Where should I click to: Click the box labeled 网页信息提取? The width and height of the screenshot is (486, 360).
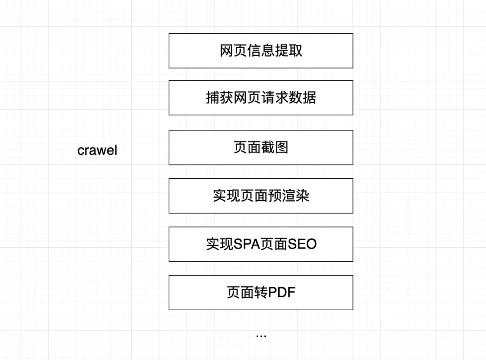pyautogui.click(x=261, y=51)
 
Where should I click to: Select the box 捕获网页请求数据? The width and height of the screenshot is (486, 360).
pyautogui.click(x=261, y=98)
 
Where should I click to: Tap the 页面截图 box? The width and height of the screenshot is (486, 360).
pyautogui.click(x=261, y=148)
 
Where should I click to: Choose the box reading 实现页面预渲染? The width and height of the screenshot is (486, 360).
pyautogui.click(x=261, y=196)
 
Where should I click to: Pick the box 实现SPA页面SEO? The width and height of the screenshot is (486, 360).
pyautogui.click(x=261, y=244)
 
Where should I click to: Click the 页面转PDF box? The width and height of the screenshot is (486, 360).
pyautogui.click(x=261, y=292)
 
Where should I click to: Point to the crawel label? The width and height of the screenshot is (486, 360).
pyautogui.click(x=97, y=150)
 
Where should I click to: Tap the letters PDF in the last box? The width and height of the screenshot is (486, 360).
pyautogui.click(x=282, y=292)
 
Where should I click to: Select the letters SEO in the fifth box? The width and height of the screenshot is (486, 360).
pyautogui.click(x=302, y=244)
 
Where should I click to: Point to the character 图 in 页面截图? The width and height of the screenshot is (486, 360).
pyautogui.click(x=281, y=148)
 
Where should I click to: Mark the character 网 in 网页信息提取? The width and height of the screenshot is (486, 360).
pyautogui.click(x=227, y=51)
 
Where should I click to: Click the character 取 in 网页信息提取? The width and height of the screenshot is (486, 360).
pyautogui.click(x=295, y=51)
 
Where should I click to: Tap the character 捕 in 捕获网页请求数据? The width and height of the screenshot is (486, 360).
pyautogui.click(x=213, y=98)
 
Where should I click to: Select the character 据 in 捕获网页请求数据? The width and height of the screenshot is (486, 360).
pyautogui.click(x=309, y=98)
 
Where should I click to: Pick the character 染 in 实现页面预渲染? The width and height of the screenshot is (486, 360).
pyautogui.click(x=302, y=196)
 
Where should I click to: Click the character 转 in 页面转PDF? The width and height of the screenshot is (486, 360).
pyautogui.click(x=261, y=292)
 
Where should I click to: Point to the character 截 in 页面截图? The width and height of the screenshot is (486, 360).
pyautogui.click(x=268, y=148)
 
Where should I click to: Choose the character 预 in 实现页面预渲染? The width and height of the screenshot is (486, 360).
pyautogui.click(x=275, y=196)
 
